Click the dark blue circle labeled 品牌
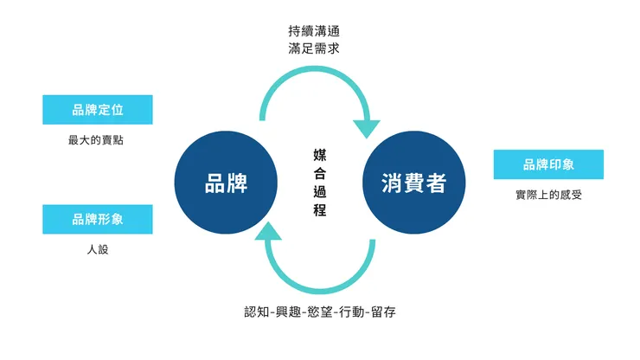(226, 183)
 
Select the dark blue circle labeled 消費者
(413, 183)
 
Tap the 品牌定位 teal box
(98, 110)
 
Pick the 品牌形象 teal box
(98, 220)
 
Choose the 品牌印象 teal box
(548, 164)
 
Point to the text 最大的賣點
(96, 140)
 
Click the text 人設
(98, 249)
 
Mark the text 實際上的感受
(548, 195)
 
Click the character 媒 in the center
(320, 154)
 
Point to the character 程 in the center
(320, 210)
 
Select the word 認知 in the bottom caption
(257, 312)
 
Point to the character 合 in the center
(320, 173)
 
